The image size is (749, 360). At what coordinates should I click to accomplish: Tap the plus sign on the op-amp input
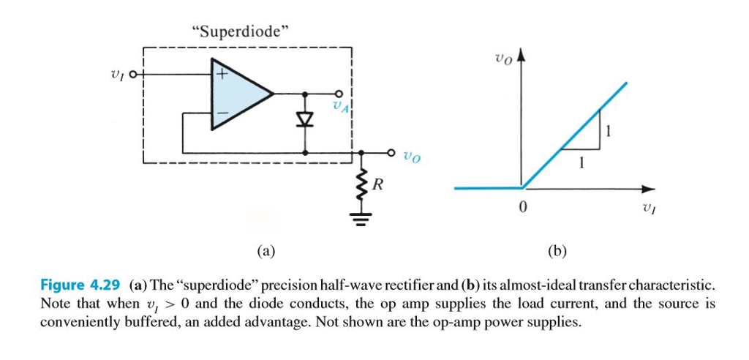221,74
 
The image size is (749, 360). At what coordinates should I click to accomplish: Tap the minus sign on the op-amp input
221,113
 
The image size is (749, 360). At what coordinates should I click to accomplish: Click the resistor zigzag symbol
361,184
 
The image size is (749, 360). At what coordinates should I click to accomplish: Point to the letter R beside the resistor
377,184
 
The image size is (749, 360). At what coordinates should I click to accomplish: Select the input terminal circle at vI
133,74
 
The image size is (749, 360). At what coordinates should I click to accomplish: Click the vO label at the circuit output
413,156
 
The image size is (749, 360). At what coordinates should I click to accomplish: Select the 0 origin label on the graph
521,208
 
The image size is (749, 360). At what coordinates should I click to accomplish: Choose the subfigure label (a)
266,251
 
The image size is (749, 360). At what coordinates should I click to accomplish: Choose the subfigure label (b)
557,251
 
